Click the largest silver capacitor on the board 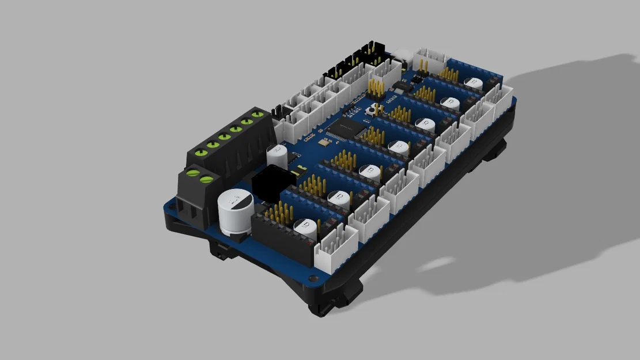point(236,210)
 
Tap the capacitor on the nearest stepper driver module point(305,226)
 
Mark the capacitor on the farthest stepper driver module point(474,84)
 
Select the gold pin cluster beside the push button point(376,88)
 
